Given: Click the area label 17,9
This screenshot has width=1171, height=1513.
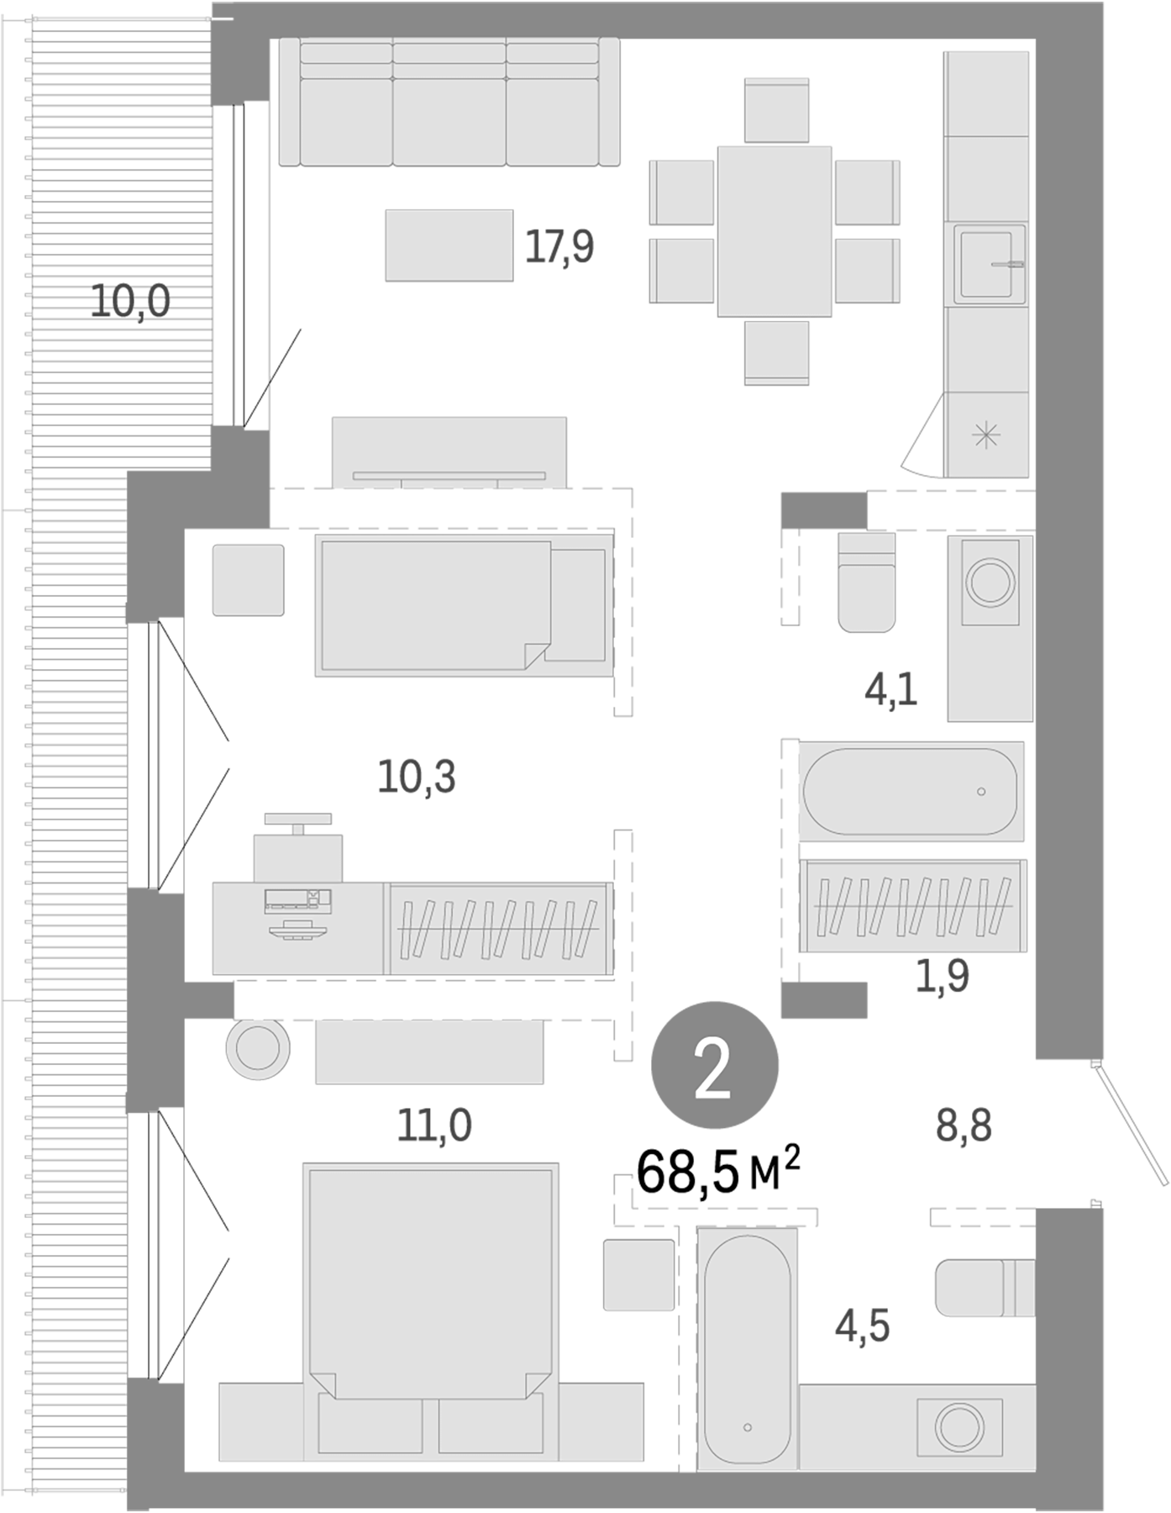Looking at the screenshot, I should tap(559, 247).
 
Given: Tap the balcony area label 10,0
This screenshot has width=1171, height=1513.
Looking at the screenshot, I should tap(130, 301).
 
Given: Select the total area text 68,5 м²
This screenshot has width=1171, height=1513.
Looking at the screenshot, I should tap(717, 1173).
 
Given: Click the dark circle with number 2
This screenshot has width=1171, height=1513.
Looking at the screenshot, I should tap(715, 1065).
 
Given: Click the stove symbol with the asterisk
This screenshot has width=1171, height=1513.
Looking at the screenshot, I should tap(986, 435).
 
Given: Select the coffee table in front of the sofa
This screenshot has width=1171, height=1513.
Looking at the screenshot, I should tap(449, 245).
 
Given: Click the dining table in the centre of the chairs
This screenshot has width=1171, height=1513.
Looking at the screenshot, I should tap(775, 231).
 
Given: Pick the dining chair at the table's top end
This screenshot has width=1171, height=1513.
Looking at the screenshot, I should tap(776, 110).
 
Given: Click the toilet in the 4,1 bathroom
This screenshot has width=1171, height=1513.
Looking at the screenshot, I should tap(867, 582).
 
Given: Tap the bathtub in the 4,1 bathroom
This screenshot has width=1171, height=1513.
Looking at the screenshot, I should tap(911, 790).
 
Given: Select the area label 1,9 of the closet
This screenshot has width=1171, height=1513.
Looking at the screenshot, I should tap(942, 977).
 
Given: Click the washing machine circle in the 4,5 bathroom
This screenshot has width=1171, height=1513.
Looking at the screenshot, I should tap(959, 1426).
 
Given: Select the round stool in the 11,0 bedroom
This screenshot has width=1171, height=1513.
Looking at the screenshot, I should tap(258, 1048).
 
